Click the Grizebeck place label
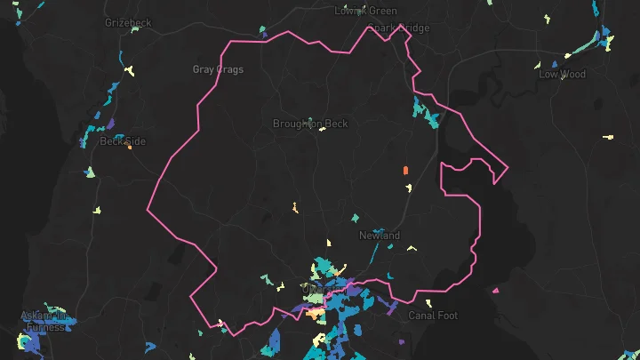[x=128, y=22]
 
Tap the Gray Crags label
[x=218, y=69]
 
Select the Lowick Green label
[x=365, y=11]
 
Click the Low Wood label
[x=562, y=75]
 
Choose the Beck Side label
[x=122, y=141]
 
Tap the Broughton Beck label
[x=310, y=124]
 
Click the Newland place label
[x=380, y=236]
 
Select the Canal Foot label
[x=432, y=316]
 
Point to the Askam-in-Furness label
[x=44, y=321]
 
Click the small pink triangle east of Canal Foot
[x=495, y=290]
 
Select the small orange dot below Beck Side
[x=129, y=148]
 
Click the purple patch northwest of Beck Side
[x=110, y=124]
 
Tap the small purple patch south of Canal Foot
[x=402, y=341]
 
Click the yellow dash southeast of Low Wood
[x=608, y=137]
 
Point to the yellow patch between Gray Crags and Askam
[x=98, y=211]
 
